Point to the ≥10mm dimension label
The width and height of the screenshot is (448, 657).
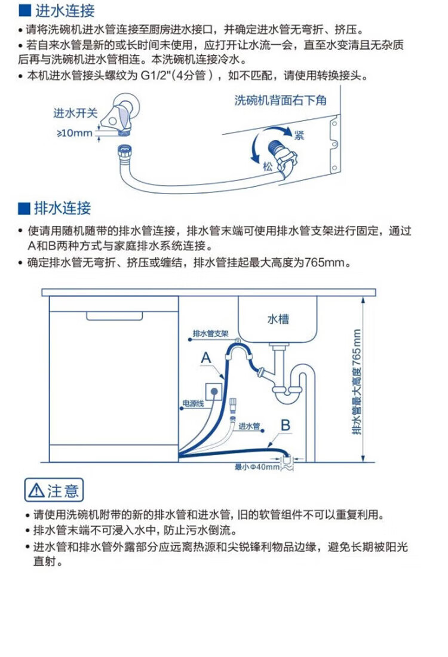pyautogui.click(x=74, y=133)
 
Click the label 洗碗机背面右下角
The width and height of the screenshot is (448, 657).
pyautogui.click(x=280, y=101)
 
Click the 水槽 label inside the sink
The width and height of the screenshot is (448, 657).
pyautogui.click(x=278, y=319)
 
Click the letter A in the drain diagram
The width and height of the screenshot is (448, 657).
pyautogui.click(x=205, y=358)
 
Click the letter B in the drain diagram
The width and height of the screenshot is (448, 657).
pyautogui.click(x=286, y=425)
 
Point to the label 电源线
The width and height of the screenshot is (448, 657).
pyautogui.click(x=193, y=404)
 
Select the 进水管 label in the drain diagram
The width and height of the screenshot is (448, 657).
pyautogui.click(x=249, y=426)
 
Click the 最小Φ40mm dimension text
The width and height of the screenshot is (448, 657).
pyautogui.click(x=257, y=467)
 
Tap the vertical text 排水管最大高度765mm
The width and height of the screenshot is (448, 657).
pyautogui.click(x=357, y=382)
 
